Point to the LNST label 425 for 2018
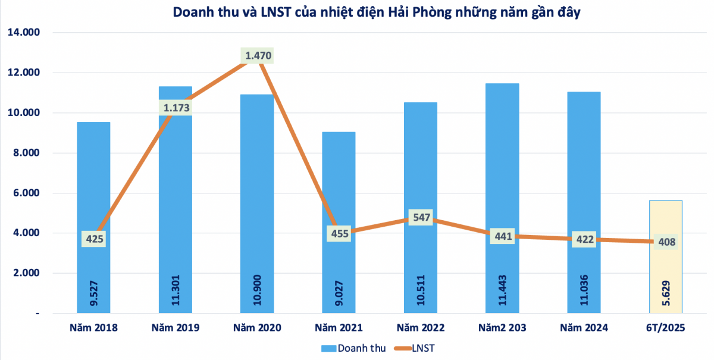pos(94,239)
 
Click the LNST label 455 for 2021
pos(339,233)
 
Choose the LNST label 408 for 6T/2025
pos(665,242)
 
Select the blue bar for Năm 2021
pos(339,179)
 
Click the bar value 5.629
pos(666,293)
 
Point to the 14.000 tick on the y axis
pos(23,33)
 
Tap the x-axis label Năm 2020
pos(257,328)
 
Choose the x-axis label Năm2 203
pos(502,328)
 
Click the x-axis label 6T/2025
pos(665,328)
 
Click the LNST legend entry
pos(416,348)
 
